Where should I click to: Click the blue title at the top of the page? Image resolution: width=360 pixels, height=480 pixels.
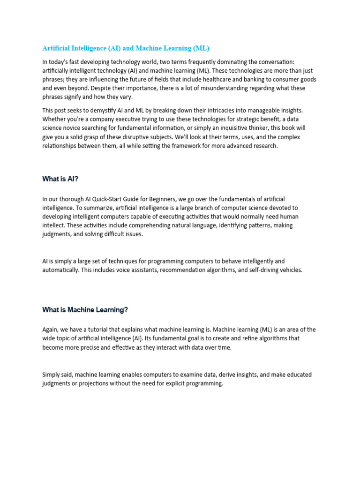pyautogui.click(x=126, y=48)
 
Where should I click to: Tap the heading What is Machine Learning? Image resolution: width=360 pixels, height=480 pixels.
pyautogui.click(x=85, y=309)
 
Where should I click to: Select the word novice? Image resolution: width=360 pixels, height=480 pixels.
pyautogui.click(x=76, y=128)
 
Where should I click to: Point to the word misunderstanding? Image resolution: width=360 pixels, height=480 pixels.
pyautogui.click(x=198, y=88)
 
